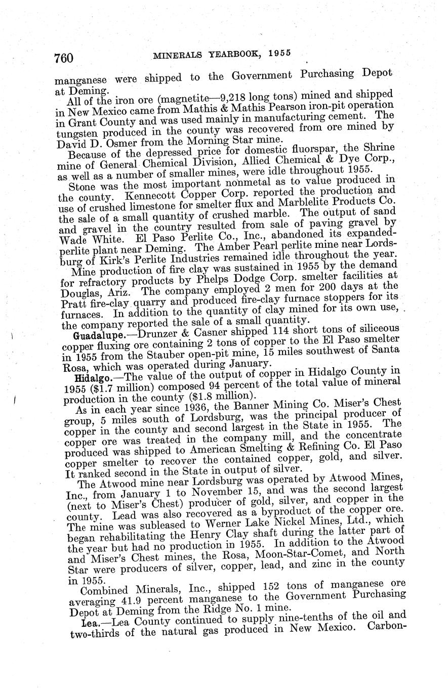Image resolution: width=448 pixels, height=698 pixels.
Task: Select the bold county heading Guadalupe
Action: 91,335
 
